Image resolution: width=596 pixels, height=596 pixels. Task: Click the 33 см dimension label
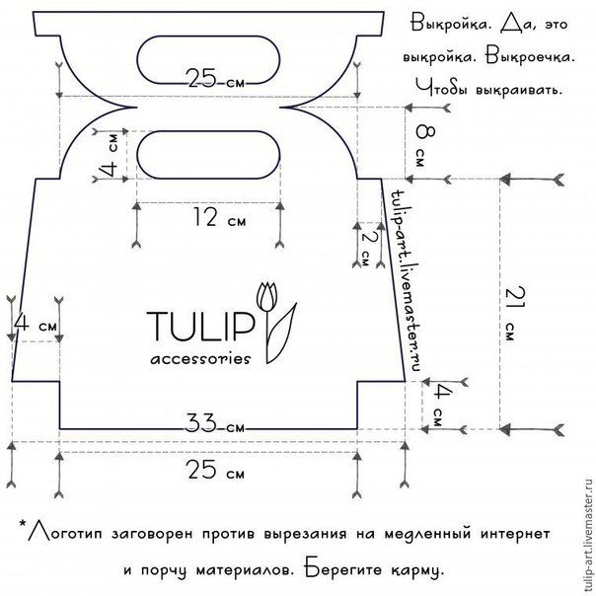pos(215,424)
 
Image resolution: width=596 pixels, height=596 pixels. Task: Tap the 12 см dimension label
pos(220,218)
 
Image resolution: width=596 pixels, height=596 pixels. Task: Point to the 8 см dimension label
pos(424,146)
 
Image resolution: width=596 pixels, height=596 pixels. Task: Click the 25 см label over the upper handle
pos(216,79)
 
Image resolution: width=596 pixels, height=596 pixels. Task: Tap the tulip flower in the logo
pos(267,297)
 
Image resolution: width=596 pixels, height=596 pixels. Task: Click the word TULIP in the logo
pos(200,327)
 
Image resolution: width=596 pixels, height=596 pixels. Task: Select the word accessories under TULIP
pos(200,359)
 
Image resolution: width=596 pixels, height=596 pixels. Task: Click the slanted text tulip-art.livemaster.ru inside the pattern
pos(406,280)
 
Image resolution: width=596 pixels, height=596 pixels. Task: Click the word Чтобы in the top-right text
pos(440,89)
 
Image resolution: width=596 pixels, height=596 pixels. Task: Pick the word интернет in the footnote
pos(515,534)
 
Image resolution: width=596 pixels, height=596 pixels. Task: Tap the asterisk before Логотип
pos(23,525)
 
